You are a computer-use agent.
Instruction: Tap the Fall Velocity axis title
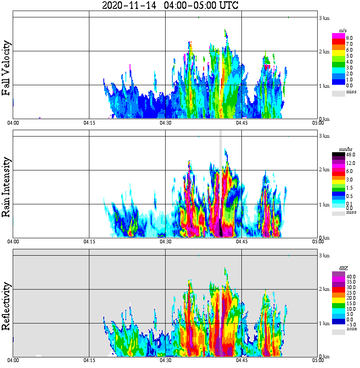click(x=6, y=68)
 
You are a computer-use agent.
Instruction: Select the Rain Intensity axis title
click(x=6, y=187)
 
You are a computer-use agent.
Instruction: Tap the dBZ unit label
click(x=343, y=268)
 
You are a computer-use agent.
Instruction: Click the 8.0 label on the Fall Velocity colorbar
click(x=349, y=38)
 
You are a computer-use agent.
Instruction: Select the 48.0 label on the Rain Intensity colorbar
click(x=350, y=155)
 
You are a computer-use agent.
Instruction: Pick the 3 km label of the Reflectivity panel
click(x=324, y=256)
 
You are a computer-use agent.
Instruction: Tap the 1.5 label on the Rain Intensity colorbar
click(x=349, y=187)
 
